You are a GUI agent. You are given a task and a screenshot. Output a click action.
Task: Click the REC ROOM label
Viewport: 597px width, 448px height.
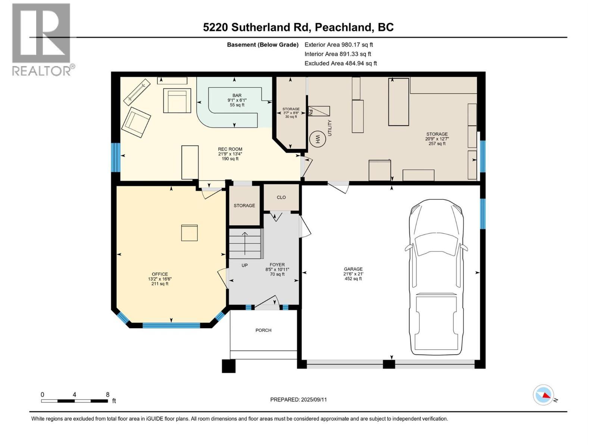tap(230, 149)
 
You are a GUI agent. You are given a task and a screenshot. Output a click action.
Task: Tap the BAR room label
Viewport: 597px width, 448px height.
tap(237, 96)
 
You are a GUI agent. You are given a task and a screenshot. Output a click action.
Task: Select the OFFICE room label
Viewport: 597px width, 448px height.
tap(160, 274)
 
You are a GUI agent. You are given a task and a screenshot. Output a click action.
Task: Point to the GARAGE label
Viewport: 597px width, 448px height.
tap(353, 269)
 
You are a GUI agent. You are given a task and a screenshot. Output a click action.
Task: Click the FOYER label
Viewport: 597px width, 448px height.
tap(277, 265)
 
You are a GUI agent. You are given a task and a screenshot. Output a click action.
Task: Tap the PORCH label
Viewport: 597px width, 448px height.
tap(263, 330)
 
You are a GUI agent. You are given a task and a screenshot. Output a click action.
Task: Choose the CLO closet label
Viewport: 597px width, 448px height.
tap(281, 197)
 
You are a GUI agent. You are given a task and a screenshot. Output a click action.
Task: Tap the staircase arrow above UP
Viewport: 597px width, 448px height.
tap(245, 243)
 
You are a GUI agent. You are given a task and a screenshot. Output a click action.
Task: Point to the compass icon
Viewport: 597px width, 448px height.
tap(543, 395)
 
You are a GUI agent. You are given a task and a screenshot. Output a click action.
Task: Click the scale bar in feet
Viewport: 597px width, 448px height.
tap(75, 401)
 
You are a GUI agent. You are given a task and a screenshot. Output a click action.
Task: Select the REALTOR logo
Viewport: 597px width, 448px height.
tap(42, 39)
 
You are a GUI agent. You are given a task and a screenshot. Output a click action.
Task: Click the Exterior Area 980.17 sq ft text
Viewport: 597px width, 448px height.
tap(339, 45)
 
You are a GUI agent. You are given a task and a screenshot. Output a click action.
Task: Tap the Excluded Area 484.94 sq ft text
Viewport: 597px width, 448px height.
tap(341, 63)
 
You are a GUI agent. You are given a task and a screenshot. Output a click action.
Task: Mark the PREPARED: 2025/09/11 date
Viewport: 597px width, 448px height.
tap(298, 399)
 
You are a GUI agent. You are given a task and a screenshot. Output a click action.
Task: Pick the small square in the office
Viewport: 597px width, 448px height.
tap(190, 233)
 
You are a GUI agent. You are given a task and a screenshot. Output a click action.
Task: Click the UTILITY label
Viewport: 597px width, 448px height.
tap(329, 128)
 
